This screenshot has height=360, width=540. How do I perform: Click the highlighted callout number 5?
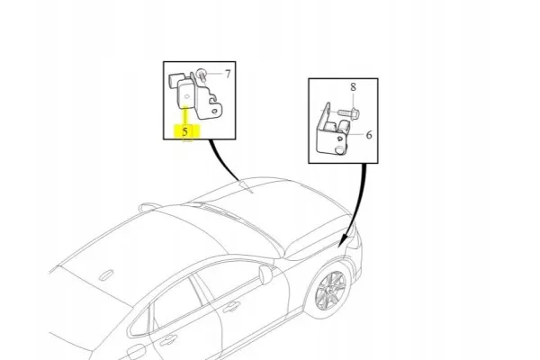[185, 131]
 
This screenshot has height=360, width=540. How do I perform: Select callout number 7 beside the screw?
[228, 74]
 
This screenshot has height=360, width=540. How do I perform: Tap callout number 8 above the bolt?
[353, 86]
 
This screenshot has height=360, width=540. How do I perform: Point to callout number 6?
[369, 135]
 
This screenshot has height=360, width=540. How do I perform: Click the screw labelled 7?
[202, 76]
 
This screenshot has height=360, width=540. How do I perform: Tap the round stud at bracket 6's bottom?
[339, 149]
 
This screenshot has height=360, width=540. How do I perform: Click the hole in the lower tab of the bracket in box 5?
[214, 112]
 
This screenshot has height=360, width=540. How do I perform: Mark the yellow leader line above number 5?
[185, 115]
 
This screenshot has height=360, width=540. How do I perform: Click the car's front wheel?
[330, 290]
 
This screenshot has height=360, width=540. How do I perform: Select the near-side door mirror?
[265, 274]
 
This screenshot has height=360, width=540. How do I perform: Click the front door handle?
[231, 306]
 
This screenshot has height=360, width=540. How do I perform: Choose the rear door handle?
[168, 339]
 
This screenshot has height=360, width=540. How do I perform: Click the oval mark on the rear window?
[106, 274]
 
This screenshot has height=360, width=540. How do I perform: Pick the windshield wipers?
[220, 211]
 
